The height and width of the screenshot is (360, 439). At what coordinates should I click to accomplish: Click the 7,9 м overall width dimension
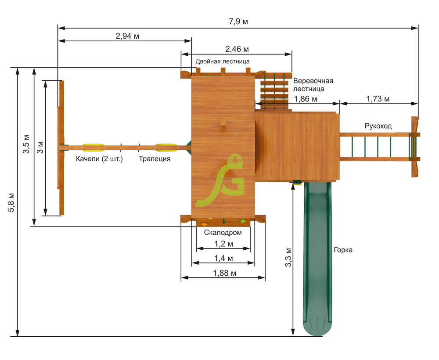(x=238, y=22)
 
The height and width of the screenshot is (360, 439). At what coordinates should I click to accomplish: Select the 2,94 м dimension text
(x=127, y=36)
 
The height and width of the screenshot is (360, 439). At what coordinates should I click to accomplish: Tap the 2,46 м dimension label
(x=237, y=49)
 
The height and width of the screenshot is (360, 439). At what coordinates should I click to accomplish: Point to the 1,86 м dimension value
(x=306, y=99)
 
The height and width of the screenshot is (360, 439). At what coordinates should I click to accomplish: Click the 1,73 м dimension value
(x=378, y=99)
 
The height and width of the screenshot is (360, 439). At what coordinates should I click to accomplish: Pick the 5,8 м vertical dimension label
(x=12, y=202)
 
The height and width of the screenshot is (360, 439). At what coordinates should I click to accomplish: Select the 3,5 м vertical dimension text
(x=26, y=144)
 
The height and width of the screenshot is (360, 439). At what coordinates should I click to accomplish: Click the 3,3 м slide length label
(x=288, y=257)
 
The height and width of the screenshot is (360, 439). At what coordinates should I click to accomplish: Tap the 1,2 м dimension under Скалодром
(x=223, y=244)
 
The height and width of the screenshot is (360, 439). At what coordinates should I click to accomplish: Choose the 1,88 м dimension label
(x=224, y=273)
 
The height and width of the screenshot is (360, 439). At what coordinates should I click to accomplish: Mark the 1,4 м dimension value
(x=223, y=258)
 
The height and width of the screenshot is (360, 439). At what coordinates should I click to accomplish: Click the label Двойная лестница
(x=223, y=61)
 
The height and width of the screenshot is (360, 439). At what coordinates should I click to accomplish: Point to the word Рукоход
(x=378, y=126)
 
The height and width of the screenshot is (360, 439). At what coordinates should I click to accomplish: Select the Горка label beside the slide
(x=343, y=250)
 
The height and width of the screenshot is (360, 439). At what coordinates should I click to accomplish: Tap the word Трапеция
(x=155, y=159)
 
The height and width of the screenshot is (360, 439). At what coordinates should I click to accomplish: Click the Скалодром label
(x=223, y=232)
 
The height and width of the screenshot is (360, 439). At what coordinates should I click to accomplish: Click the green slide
(x=317, y=258)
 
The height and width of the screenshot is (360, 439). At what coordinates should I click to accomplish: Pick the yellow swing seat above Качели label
(x=94, y=148)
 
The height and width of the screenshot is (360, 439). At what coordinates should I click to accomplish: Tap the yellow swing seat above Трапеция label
(x=166, y=148)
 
